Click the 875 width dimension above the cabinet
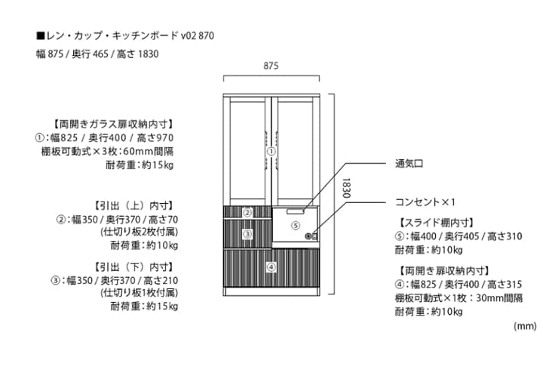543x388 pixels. [271, 66]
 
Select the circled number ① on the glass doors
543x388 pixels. [271, 151]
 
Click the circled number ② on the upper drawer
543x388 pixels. [247, 212]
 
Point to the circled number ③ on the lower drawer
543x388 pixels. [247, 234]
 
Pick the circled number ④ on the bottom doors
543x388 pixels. [271, 266]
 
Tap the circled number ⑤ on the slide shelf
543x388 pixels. [296, 225]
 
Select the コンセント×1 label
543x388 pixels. [427, 202]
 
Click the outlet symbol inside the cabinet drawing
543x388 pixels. [308, 236]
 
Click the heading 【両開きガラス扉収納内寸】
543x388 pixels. [112, 124]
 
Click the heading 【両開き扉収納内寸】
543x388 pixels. [443, 270]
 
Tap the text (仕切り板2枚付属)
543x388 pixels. [139, 232]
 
